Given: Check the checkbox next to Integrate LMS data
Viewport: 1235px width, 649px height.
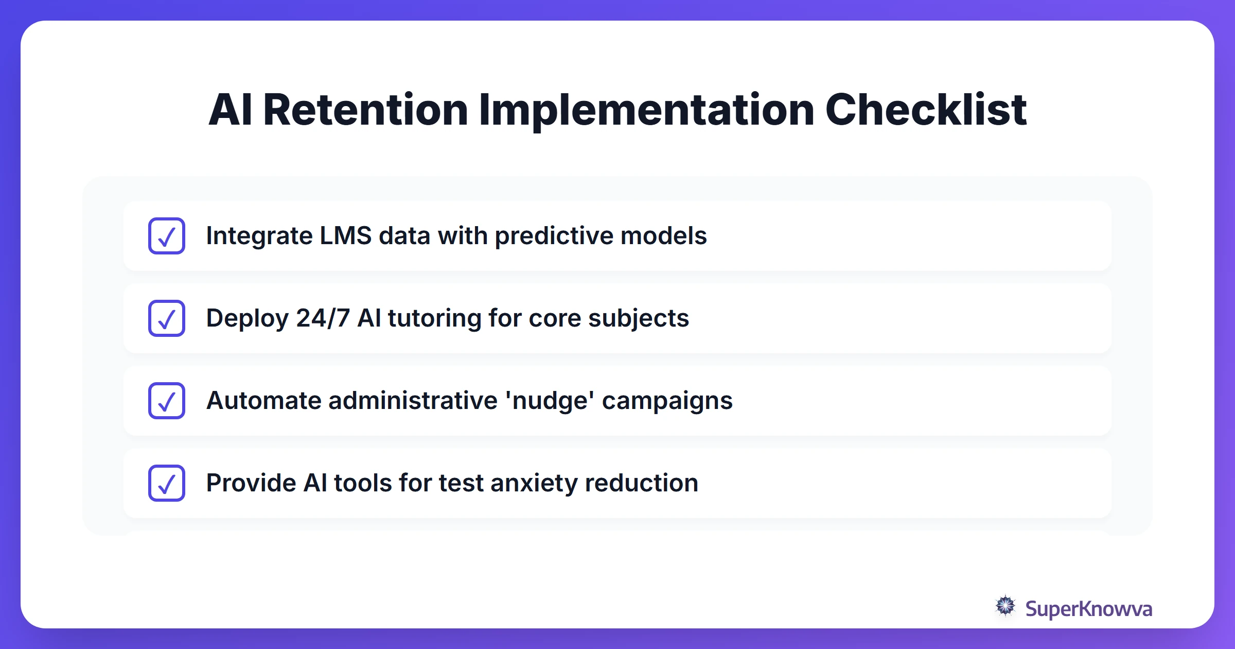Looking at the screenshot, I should [x=167, y=236].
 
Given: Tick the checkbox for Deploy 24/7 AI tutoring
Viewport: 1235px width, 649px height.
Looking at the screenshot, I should [x=167, y=318].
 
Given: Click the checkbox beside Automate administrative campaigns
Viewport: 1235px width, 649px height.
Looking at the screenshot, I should [x=167, y=401].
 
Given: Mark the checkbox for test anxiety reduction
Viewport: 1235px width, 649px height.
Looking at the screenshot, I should [x=167, y=483].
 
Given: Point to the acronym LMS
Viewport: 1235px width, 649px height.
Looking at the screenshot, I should [x=345, y=236].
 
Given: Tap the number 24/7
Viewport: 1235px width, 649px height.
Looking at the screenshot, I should [x=323, y=318].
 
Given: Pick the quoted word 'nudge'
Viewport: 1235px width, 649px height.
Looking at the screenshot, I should [x=550, y=401].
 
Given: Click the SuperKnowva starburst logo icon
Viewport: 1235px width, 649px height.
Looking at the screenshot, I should [x=1005, y=606].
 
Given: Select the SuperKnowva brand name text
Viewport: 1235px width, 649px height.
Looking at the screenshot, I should [x=1088, y=609].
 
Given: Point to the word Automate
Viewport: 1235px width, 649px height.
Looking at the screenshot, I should [x=263, y=401].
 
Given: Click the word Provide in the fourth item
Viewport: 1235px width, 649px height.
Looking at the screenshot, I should [x=251, y=483].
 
